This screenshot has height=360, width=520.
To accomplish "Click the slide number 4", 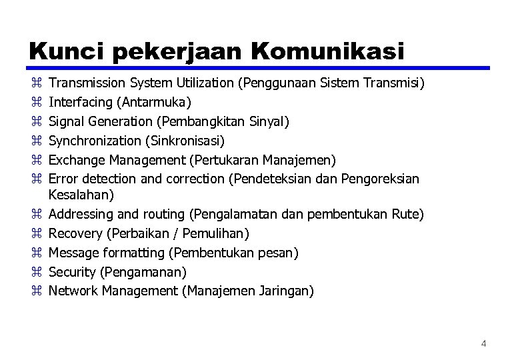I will (x=484, y=344).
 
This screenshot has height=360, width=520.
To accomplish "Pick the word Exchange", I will (x=74, y=160).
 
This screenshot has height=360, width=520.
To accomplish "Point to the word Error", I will (x=63, y=179).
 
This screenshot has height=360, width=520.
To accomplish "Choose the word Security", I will (x=72, y=272).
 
